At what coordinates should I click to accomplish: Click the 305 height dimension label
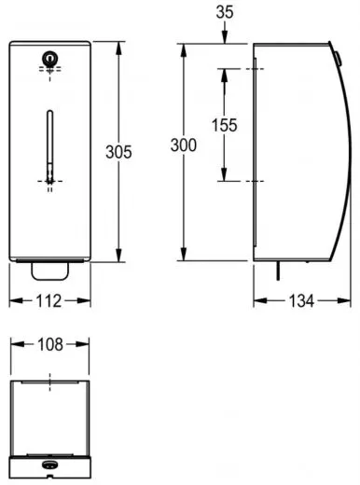point(118,152)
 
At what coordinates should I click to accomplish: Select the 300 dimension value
point(184,145)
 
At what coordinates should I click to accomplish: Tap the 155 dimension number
point(224,125)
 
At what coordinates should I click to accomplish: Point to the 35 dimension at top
point(225,12)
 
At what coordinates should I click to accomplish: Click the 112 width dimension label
point(48,301)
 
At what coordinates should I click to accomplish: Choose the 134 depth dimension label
point(301,301)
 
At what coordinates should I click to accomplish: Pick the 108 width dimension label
point(50,344)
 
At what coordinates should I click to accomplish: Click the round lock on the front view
point(49,59)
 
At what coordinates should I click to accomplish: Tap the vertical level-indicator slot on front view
point(49,145)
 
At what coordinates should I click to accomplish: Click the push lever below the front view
point(49,271)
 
